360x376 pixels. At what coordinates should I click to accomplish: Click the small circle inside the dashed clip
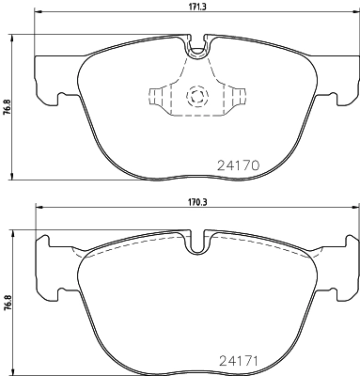point(196,96)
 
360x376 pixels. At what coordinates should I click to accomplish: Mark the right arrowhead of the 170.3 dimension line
point(352,209)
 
